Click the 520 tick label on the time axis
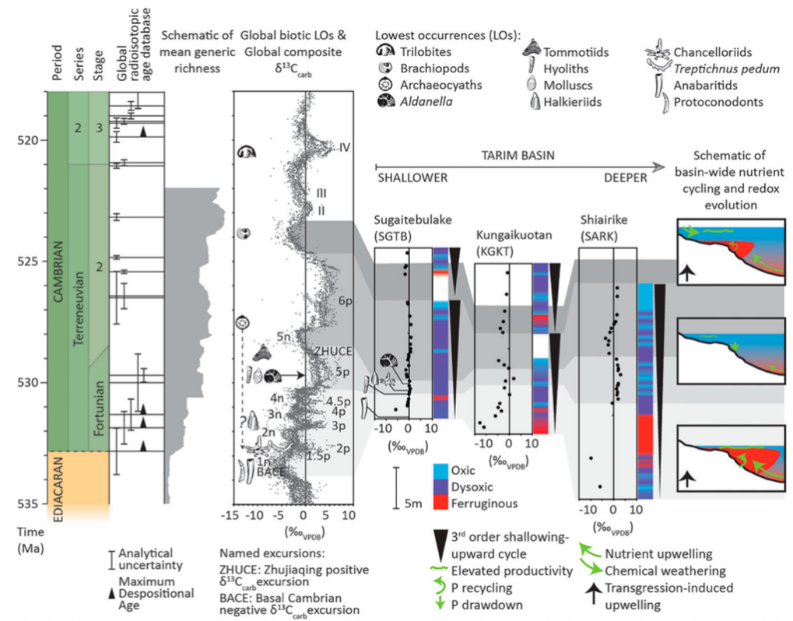(30, 140)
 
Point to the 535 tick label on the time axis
(30, 503)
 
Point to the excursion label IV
(335, 147)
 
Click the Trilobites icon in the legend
(384, 53)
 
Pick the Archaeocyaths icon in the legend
(384, 84)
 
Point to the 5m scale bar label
(413, 503)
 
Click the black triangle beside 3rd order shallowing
(440, 544)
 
